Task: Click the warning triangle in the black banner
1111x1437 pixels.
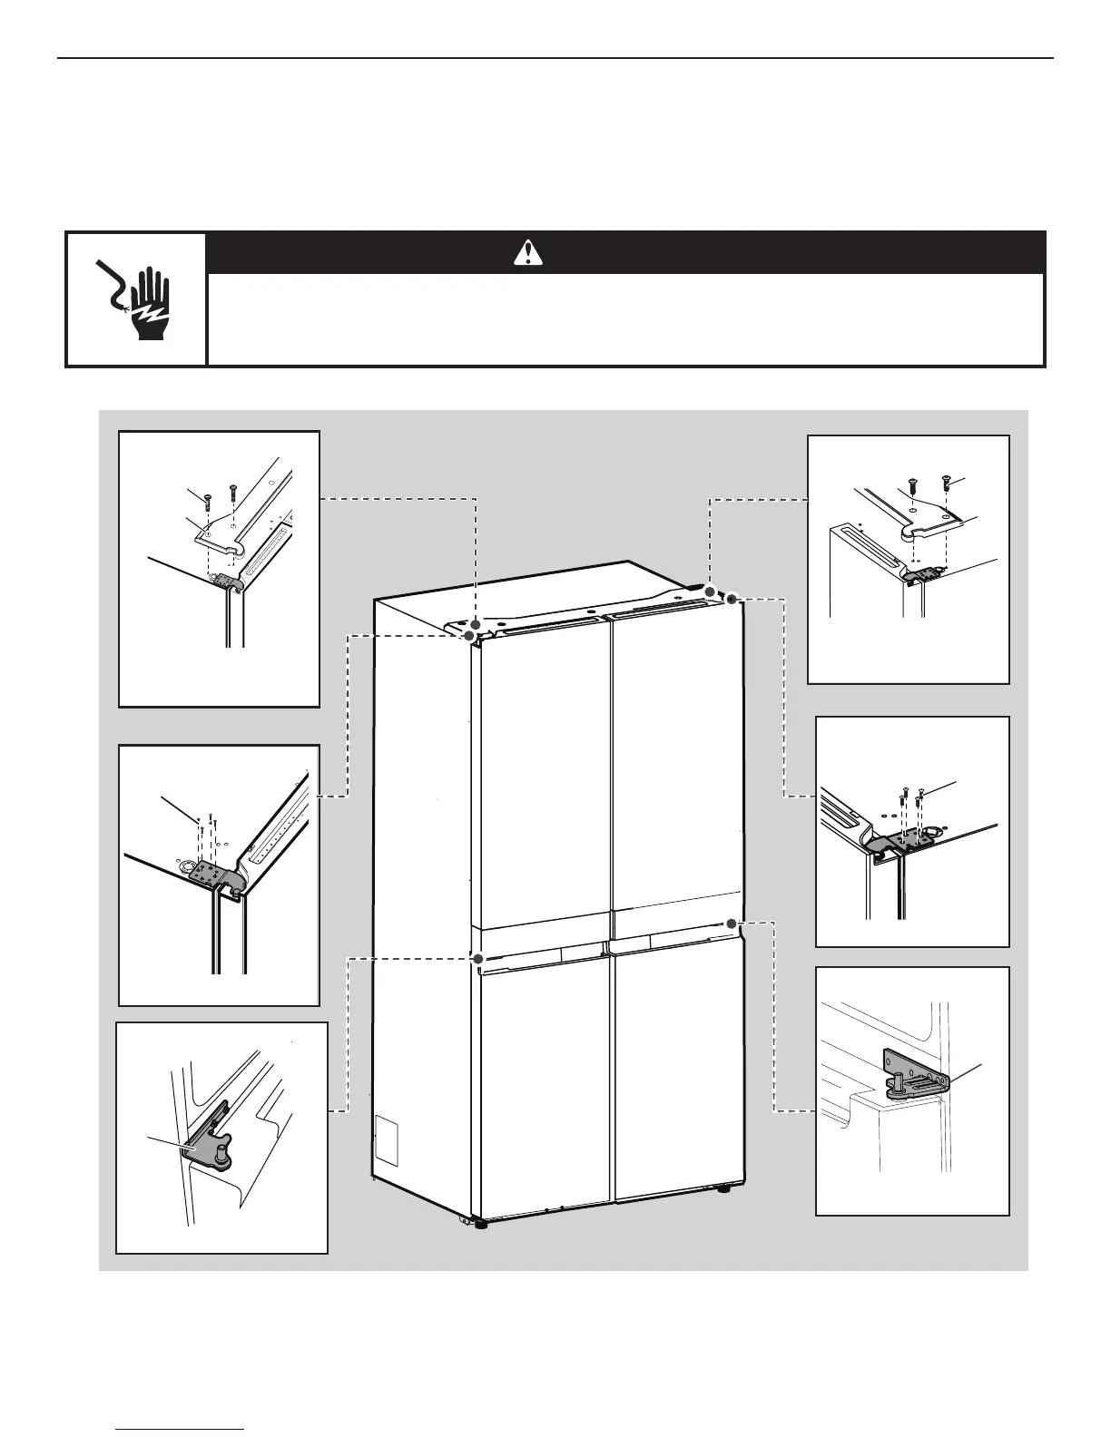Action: [527, 252]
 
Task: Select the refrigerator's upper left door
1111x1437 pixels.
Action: [541, 780]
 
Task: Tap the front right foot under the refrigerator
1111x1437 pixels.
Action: [723, 1188]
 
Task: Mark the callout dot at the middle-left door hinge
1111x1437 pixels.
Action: [477, 957]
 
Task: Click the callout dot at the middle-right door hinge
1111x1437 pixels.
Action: [731, 923]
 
